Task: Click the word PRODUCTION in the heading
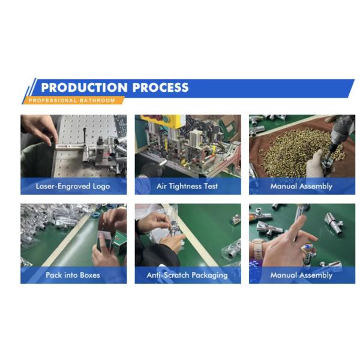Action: coord(84,88)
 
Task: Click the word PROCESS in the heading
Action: coord(160,88)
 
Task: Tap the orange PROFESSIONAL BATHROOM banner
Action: coord(73,100)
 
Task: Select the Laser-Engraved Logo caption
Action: coord(73,186)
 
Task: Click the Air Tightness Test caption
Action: coord(187,186)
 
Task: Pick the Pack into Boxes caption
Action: coord(73,275)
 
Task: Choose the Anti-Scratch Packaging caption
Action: coord(187,275)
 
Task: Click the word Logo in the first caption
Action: coord(101,187)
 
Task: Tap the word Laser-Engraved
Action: coord(63,186)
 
